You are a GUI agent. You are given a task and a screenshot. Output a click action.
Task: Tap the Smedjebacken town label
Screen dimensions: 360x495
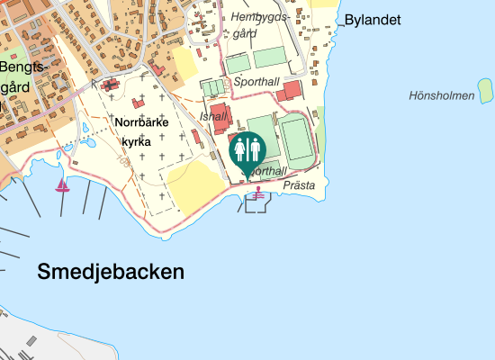tap(111, 272)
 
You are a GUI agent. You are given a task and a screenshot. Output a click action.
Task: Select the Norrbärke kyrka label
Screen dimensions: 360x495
tap(142, 130)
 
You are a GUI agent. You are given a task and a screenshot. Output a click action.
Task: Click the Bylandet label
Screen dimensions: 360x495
tap(373, 21)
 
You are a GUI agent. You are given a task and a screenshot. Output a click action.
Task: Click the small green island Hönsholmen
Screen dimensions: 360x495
tap(486, 89)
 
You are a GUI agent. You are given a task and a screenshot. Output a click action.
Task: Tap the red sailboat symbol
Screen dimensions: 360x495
tap(63, 185)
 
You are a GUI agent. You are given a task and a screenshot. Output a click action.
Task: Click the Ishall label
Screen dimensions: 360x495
tap(215, 117)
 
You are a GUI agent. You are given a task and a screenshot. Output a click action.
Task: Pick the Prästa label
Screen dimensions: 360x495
tap(299, 185)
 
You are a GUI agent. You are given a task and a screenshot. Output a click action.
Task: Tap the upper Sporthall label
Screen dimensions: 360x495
tap(257, 82)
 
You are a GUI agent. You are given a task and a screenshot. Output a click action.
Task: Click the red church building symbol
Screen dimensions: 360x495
tap(112, 85)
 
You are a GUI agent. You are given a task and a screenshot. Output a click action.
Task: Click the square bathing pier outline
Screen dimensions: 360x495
tap(256, 204)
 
